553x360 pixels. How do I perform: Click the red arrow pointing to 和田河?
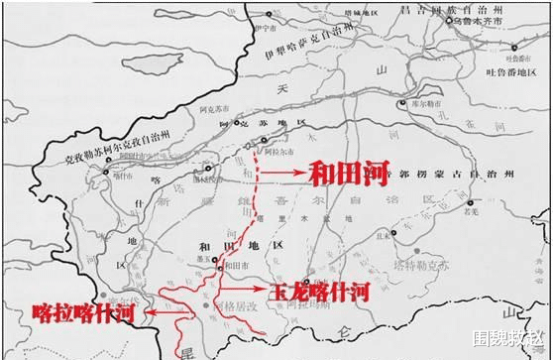(x=286, y=171)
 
